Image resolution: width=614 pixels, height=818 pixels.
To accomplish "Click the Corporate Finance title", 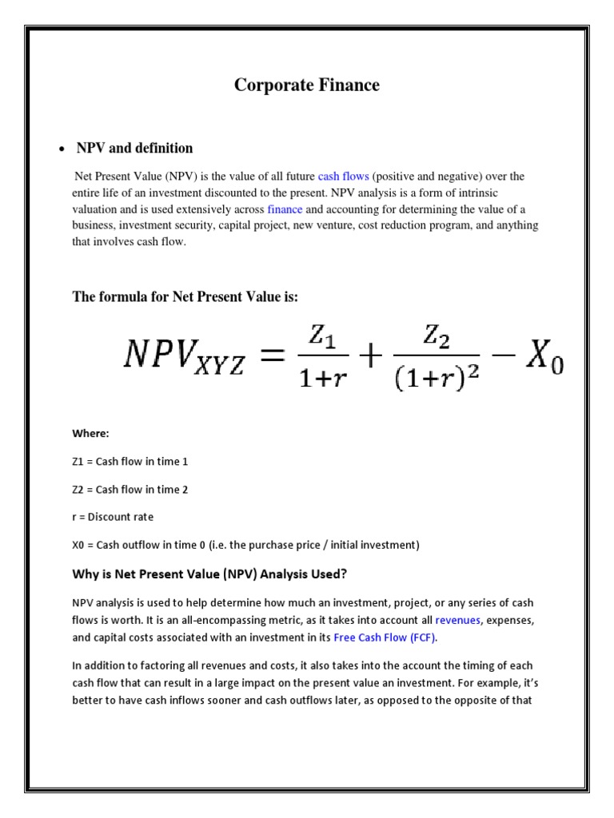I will point(307,85).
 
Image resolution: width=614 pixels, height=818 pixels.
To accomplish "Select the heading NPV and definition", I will point(134,148).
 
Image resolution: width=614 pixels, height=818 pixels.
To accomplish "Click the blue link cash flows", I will point(343,176).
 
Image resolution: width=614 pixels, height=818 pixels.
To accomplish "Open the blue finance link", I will point(285,209).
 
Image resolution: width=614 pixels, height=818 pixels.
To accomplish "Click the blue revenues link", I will point(457,620).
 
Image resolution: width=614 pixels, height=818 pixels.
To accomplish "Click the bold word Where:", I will point(90,433).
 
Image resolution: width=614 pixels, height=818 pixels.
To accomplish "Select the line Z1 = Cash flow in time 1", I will point(130,462).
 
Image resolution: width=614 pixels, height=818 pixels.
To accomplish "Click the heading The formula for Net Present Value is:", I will point(185,297).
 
